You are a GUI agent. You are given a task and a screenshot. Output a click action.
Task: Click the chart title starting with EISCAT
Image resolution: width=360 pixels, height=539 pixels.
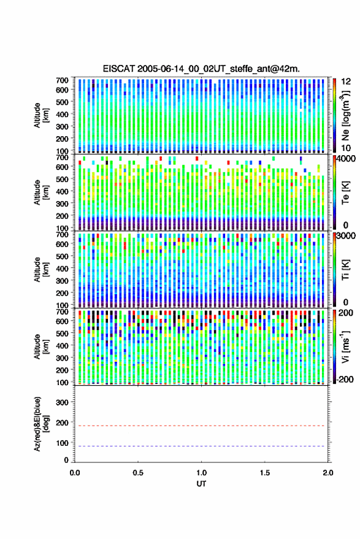point(201,69)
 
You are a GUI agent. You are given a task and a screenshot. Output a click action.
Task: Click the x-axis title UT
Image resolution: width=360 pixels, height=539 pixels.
point(201,484)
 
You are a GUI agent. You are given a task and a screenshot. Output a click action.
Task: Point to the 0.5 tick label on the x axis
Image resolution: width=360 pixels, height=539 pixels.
point(138,473)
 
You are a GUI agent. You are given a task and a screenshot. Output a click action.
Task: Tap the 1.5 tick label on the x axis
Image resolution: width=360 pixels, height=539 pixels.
point(265,473)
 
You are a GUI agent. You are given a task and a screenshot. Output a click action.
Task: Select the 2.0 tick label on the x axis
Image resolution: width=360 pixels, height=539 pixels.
point(328,473)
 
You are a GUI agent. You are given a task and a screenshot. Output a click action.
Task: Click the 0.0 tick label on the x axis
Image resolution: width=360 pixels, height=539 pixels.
point(75,473)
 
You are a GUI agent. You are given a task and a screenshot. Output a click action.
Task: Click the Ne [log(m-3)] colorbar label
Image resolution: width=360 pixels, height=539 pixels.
point(345,115)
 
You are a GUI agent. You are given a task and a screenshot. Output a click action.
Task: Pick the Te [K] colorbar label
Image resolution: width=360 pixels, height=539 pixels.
point(345,193)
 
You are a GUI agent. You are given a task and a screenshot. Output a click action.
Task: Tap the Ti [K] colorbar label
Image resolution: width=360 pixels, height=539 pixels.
point(345,270)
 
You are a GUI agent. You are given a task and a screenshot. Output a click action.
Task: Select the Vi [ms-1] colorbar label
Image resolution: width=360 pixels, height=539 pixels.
point(345,346)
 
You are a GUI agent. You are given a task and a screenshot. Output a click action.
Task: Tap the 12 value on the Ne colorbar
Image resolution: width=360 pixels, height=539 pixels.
point(346,82)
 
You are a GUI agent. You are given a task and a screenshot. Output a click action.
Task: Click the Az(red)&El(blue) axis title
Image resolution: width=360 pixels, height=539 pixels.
point(41,424)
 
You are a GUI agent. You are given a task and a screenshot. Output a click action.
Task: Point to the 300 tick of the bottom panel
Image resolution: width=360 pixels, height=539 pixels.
point(62,402)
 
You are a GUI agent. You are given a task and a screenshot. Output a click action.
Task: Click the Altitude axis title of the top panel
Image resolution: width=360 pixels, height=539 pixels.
point(41,115)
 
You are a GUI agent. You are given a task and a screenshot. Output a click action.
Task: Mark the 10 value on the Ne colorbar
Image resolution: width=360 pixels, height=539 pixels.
point(346,148)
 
